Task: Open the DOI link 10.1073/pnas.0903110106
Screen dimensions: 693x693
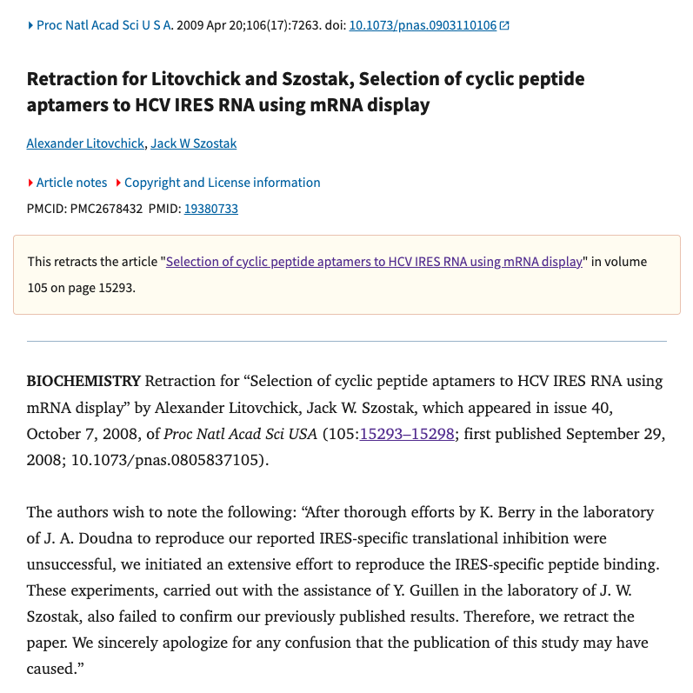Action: click(x=423, y=25)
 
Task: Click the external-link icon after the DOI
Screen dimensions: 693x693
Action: click(x=505, y=25)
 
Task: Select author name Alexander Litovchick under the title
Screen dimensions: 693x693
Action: click(x=85, y=143)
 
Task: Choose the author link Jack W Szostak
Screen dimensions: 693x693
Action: click(x=193, y=143)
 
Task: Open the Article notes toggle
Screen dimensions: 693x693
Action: click(x=71, y=183)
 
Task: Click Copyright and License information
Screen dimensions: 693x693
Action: click(x=222, y=183)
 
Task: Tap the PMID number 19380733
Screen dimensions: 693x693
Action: click(x=211, y=209)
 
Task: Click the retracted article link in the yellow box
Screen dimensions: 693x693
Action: click(x=374, y=261)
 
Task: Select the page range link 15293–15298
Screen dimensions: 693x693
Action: click(x=407, y=434)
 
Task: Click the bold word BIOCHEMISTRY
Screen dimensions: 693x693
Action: click(x=83, y=381)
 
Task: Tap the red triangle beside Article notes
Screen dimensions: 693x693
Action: click(x=31, y=183)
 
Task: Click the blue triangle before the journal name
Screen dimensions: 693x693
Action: click(x=31, y=25)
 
